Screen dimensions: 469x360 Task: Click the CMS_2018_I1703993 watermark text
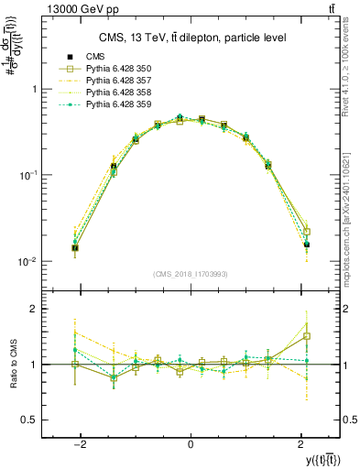[x=191, y=274]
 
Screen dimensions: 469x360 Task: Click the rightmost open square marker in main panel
[x=307, y=232]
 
